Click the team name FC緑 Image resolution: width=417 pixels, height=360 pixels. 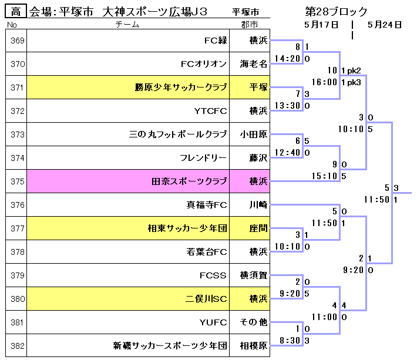(x=215, y=41)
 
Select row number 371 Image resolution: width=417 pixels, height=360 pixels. (x=18, y=88)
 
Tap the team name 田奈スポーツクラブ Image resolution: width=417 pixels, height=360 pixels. (x=189, y=181)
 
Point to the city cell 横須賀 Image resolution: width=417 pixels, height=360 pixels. (x=254, y=275)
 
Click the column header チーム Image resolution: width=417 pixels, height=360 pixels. (x=127, y=25)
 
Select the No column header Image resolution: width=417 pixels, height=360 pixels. (x=12, y=25)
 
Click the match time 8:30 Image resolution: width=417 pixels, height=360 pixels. (x=290, y=341)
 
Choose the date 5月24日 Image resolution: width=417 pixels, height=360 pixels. (x=384, y=25)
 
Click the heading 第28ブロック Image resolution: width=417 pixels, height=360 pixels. (x=336, y=12)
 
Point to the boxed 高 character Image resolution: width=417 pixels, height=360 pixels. (x=16, y=11)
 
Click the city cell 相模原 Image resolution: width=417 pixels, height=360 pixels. (x=254, y=346)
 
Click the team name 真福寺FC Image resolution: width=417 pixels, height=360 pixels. (x=203, y=205)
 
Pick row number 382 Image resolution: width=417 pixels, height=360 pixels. (x=18, y=346)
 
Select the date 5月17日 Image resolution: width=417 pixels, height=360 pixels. (x=322, y=25)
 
